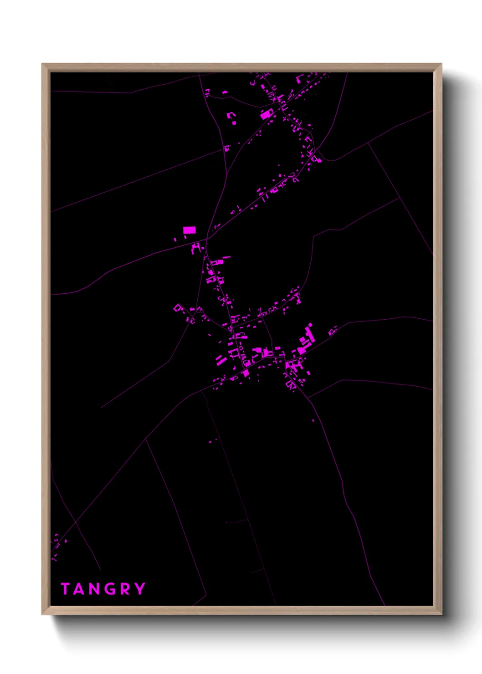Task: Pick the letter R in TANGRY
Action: (126, 589)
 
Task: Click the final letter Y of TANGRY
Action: (140, 589)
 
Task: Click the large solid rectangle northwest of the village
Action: (189, 230)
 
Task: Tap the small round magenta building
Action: (311, 325)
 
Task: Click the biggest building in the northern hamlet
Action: (266, 114)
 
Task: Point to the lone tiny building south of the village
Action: (313, 420)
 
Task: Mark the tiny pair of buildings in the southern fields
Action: (212, 441)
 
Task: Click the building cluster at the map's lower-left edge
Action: (56, 545)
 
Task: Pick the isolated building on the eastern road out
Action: (332, 330)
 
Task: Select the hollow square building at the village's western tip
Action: (178, 308)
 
